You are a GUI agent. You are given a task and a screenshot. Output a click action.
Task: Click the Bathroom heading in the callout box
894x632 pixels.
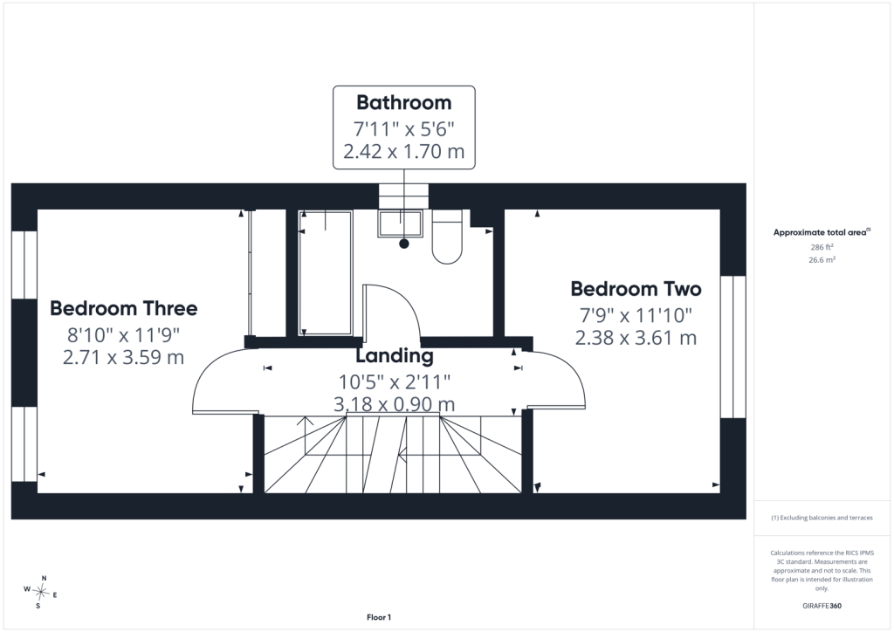point(403,103)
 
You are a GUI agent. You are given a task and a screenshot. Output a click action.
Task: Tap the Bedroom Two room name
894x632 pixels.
point(636,289)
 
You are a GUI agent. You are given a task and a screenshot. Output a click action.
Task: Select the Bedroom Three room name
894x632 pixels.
point(124,308)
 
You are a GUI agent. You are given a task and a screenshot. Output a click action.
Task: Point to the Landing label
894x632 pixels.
point(395,356)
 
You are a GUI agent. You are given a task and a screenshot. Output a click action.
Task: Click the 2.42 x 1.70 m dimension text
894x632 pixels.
point(403,152)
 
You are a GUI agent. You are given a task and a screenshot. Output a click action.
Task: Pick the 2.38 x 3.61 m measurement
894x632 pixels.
point(636,338)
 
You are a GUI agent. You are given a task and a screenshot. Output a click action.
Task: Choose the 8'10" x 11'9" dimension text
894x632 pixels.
point(124,334)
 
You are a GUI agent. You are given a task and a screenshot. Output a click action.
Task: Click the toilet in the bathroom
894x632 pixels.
point(447,237)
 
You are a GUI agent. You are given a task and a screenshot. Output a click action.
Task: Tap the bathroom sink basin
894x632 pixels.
point(400,223)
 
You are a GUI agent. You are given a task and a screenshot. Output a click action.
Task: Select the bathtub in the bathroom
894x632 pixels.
point(326,272)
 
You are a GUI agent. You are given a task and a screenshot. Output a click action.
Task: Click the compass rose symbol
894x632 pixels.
point(41,592)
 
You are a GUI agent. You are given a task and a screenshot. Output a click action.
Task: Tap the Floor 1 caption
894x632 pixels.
point(379,617)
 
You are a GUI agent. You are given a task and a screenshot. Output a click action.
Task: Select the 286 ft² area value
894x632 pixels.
point(822,247)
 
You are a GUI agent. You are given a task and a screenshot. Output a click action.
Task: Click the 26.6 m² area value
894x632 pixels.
point(822,260)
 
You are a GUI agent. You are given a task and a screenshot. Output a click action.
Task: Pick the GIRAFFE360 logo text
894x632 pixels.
point(822,606)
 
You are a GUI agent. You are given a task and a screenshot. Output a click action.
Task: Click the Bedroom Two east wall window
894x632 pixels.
point(732,347)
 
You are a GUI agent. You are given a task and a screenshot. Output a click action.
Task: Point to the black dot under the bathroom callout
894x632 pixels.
point(404,244)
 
